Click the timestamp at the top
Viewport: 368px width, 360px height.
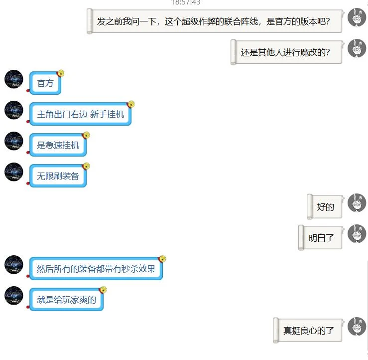186,2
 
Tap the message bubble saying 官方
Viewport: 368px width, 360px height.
45,83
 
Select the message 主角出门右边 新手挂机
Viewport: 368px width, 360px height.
80,114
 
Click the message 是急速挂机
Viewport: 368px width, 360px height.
58,145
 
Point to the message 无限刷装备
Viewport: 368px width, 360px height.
58,176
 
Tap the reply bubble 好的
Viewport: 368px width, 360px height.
325,207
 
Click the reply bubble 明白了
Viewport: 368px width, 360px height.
321,238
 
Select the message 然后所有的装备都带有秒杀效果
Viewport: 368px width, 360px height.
96,269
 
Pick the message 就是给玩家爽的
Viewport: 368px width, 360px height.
66,300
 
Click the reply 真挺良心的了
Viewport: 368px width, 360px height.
308,331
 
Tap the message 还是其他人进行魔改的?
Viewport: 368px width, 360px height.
286,52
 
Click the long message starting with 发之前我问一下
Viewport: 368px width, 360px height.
214,21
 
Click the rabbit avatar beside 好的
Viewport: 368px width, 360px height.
357,203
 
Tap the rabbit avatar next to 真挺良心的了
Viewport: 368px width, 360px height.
357,327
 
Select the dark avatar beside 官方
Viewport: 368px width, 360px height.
14,79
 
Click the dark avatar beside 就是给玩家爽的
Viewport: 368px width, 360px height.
14,296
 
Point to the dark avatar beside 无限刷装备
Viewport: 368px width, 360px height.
14,172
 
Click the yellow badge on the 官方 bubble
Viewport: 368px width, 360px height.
61,73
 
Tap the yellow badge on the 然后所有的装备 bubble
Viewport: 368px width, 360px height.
162,258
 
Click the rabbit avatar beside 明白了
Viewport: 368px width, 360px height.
357,234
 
